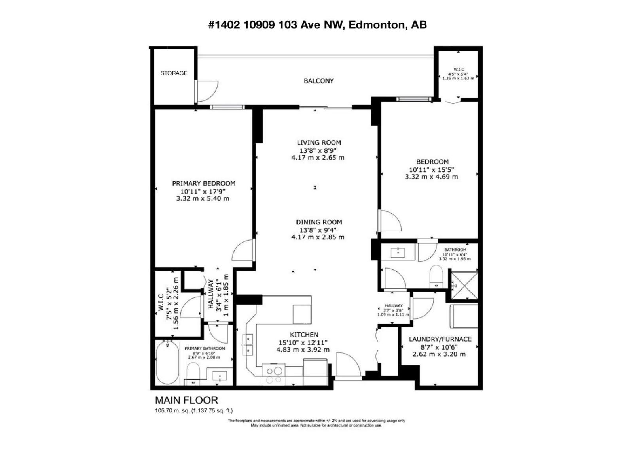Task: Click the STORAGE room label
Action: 174,73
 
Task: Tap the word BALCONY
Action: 318,81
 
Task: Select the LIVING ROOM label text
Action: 319,143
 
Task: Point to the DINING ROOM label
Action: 319,222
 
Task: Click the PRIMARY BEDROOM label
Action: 203,183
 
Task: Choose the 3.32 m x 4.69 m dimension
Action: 431,177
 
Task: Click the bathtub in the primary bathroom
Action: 167,363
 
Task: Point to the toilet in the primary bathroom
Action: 193,373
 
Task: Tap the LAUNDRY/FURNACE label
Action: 440,339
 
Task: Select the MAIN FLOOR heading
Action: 186,400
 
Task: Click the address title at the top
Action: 318,25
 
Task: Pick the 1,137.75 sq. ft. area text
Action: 212,411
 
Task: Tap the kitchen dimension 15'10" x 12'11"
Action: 303,342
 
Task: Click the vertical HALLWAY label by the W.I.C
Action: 211,294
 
